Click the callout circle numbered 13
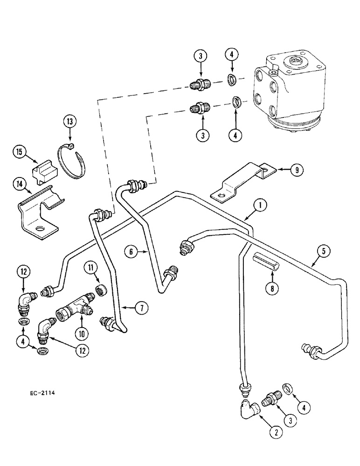(69, 122)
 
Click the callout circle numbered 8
(272, 288)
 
